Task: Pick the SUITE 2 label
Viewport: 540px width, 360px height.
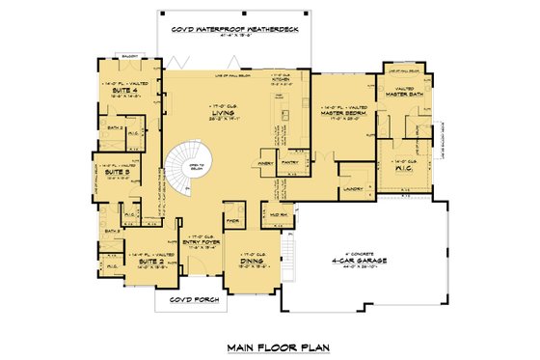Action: (148, 260)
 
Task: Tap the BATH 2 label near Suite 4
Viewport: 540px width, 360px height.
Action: (112, 126)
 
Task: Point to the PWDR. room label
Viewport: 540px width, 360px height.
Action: (232, 219)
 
